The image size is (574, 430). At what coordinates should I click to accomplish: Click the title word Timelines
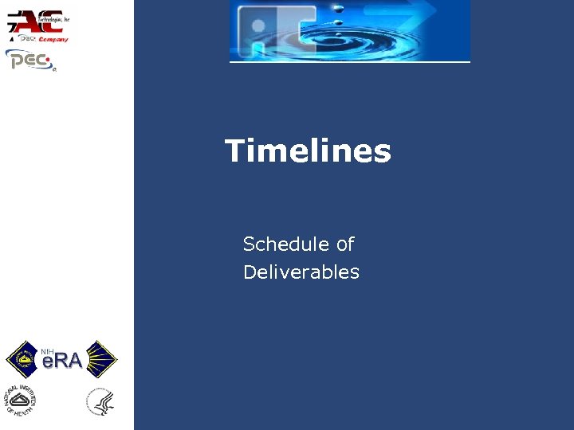(308, 150)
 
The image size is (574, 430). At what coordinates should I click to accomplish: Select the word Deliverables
(301, 272)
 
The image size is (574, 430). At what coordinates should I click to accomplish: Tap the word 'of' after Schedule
(344, 244)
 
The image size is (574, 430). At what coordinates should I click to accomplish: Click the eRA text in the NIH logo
(62, 362)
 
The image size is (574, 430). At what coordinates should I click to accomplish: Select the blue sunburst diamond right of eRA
(101, 359)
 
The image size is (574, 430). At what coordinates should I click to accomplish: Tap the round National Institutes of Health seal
(22, 401)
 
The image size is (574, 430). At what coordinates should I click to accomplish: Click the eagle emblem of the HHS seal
(101, 402)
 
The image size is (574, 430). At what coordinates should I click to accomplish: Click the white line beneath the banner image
(350, 61)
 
